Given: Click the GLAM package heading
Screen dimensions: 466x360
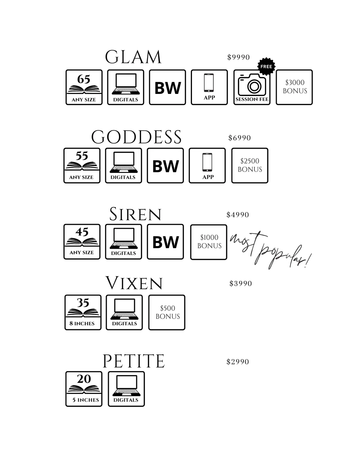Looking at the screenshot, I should coord(133,57).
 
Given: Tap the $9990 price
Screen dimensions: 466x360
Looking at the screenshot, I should coord(238,57).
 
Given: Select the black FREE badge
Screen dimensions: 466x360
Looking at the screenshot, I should coord(266,66).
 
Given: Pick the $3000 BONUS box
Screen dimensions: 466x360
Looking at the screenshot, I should coord(294,87).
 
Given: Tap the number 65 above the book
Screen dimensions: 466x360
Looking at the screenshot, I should coord(84,79).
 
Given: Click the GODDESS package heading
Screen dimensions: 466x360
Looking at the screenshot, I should coord(136,137).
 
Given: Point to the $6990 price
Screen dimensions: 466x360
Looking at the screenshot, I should coord(239,138).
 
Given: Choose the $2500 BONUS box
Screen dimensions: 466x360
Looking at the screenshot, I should coord(250,165).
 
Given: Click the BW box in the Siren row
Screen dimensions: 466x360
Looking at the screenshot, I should coord(165,242).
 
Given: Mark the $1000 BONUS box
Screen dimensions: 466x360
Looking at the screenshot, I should coord(209,242).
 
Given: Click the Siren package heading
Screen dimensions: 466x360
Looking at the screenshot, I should coord(135,215).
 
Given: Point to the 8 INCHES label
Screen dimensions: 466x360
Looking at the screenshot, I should coord(82,323).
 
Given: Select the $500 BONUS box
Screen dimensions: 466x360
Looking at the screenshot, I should coord(167,312).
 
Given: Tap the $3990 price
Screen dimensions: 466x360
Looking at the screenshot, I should coord(241,284).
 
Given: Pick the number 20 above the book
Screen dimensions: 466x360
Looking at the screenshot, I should coord(84,379).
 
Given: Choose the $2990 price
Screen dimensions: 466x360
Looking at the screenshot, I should coord(238,362).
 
